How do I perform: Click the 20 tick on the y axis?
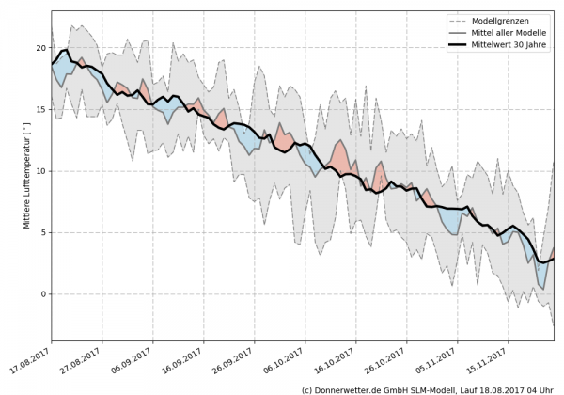click(x=39, y=48)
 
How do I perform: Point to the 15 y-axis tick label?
click(x=39, y=109)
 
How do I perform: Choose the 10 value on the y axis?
click(x=39, y=171)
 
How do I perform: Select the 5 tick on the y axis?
click(x=42, y=232)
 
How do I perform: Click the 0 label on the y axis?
click(x=42, y=294)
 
